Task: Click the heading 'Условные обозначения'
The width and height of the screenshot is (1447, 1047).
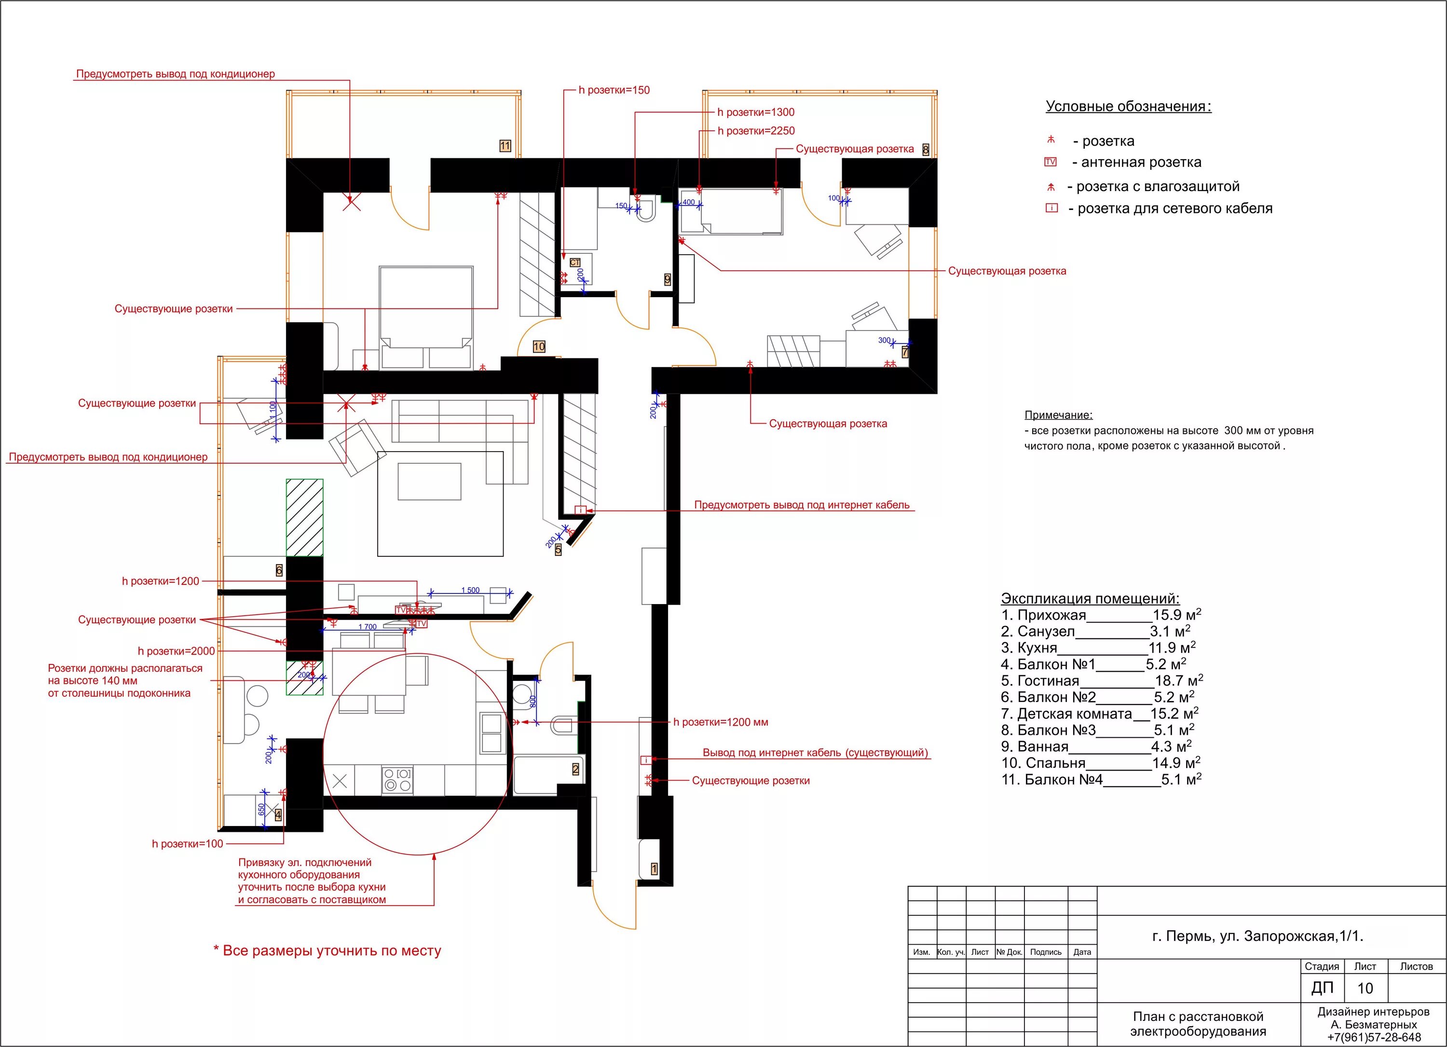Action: click(1128, 107)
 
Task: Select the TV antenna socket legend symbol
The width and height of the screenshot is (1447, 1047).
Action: click(1050, 162)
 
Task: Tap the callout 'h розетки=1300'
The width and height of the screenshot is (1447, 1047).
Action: click(756, 112)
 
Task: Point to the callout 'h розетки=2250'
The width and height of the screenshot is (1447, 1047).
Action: click(756, 131)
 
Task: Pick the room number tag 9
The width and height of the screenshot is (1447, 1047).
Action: click(668, 279)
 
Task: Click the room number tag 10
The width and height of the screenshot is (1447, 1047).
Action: click(539, 346)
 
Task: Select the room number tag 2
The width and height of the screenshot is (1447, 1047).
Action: click(575, 770)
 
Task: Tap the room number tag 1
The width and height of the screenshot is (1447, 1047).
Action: click(654, 869)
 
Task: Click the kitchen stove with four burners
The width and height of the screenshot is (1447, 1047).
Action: click(397, 780)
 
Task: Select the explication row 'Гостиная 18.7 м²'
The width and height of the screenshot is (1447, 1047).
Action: click(1102, 681)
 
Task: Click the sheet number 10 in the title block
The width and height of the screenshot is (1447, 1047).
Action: click(1365, 988)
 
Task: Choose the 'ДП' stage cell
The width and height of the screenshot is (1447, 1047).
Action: click(1322, 988)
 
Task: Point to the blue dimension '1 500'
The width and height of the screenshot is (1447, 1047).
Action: click(470, 590)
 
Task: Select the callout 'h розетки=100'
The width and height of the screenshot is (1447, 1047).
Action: click(188, 844)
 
